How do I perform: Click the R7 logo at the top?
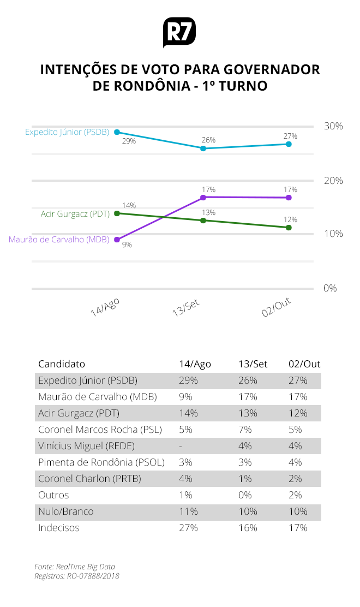179,33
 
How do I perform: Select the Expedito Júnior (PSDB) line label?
67,132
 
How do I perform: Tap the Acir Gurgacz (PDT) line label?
75,213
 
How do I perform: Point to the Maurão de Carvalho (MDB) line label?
59,240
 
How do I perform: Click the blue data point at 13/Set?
203,148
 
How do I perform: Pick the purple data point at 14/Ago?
117,240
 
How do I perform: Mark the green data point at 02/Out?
289,227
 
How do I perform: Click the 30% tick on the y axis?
333,126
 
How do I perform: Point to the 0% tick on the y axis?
331,288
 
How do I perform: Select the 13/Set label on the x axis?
185,309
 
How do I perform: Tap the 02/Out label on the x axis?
276,308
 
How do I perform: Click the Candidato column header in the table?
62,364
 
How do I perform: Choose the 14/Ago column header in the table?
195,364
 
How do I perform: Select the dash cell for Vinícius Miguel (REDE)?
181,446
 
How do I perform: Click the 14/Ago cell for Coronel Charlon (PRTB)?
185,479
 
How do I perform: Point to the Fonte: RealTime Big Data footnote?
75,567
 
